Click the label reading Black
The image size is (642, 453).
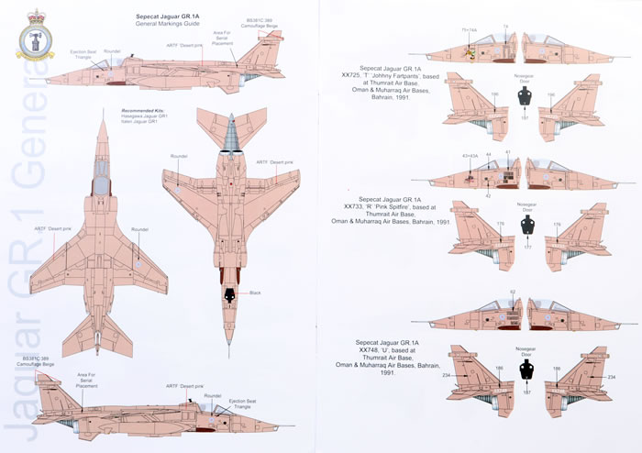256,293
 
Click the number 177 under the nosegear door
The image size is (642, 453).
524,247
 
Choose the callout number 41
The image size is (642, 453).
508,152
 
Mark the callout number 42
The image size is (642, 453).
489,195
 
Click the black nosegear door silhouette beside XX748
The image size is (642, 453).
526,369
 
